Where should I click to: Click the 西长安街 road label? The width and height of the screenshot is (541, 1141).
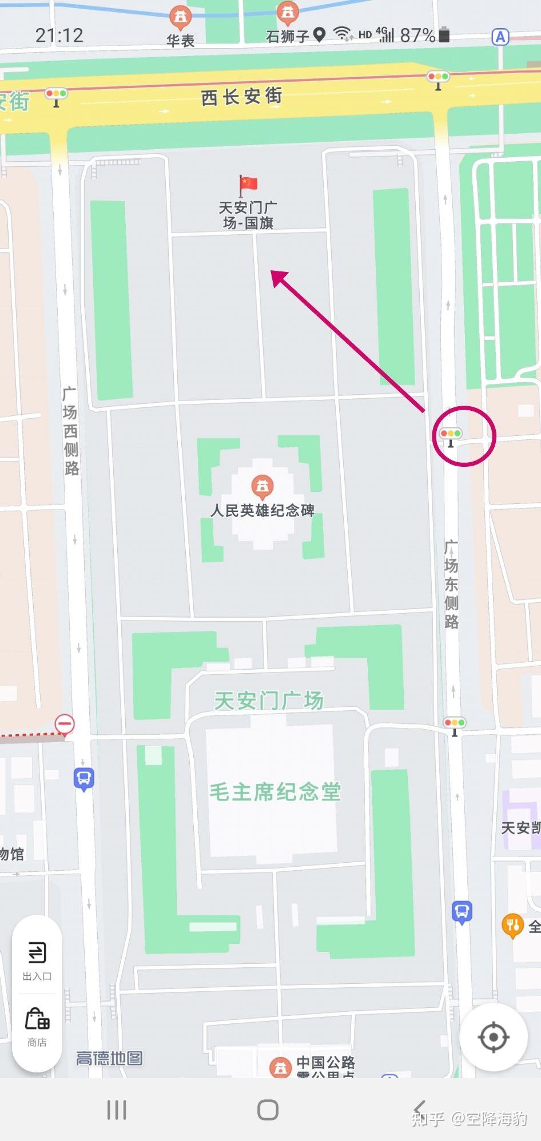[x=241, y=97]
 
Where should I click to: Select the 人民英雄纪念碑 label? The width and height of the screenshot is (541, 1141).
[x=262, y=510]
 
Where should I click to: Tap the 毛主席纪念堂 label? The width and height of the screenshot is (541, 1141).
[x=275, y=792]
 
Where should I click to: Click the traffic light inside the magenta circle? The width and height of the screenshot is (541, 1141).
[x=451, y=435]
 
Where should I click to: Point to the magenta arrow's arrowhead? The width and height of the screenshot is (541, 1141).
[x=279, y=278]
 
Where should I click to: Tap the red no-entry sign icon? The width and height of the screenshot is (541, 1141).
[x=65, y=724]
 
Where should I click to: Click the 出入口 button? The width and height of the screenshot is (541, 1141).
[x=37, y=960]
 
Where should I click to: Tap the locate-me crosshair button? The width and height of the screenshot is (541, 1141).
[x=493, y=1037]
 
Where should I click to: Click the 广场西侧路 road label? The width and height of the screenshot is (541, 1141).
[x=70, y=431]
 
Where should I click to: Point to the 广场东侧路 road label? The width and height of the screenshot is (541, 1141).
[x=451, y=584]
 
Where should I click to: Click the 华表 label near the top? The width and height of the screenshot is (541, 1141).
[x=181, y=40]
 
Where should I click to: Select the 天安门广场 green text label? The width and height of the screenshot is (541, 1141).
[x=269, y=700]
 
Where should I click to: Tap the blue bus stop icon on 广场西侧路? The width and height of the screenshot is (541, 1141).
[x=83, y=779]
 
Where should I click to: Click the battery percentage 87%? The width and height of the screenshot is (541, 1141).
[x=417, y=35]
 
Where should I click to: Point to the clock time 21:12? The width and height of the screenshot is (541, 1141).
[x=59, y=35]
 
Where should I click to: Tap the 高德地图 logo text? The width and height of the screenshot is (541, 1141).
[x=109, y=1058]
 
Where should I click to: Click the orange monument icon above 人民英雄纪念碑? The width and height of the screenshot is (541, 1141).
[x=262, y=486]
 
